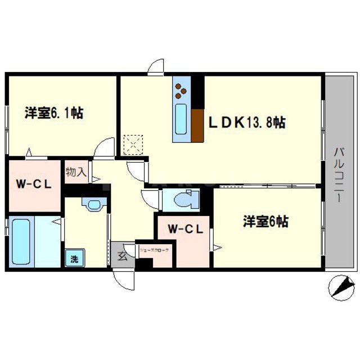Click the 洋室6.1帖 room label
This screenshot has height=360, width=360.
click(54, 113)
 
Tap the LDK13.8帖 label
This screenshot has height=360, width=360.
click(247, 122)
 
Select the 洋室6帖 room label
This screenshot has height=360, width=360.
click(265, 222)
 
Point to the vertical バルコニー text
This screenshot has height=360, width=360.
click(340, 175)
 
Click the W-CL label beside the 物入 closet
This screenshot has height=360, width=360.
click(33, 184)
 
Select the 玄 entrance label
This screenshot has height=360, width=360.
click(122, 256)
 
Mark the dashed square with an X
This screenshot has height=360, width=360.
click(133, 144)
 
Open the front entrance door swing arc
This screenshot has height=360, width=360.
click(123, 280)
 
